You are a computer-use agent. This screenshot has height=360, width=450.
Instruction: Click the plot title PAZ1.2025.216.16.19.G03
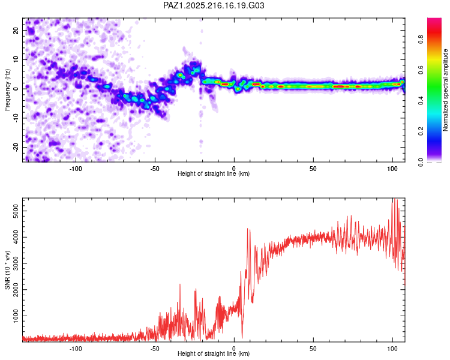pyautogui.click(x=214, y=5)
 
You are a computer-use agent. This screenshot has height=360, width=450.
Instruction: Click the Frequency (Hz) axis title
pyautogui.click(x=7, y=90)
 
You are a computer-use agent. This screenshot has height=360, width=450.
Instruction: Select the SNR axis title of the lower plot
pyautogui.click(x=7, y=270)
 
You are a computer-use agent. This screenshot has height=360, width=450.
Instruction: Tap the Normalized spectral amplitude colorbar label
pyautogui.click(x=445, y=90)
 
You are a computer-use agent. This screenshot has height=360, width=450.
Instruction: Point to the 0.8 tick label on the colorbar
pyautogui.click(x=421, y=39)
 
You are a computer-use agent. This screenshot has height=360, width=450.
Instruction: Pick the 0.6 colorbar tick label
pyautogui.click(x=421, y=70)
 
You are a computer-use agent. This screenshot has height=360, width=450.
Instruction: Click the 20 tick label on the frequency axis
pyautogui.click(x=16, y=30)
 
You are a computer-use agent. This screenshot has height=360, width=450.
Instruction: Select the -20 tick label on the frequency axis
pyautogui.click(x=16, y=148)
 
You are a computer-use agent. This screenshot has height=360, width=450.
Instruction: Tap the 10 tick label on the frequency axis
pyautogui.click(x=16, y=59)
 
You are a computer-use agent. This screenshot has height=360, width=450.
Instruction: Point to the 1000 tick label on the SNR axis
pyautogui.click(x=16, y=316)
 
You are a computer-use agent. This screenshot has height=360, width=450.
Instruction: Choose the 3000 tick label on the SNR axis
pyautogui.click(x=16, y=263)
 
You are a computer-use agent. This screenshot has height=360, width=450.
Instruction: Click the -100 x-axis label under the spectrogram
pyautogui.click(x=76, y=169)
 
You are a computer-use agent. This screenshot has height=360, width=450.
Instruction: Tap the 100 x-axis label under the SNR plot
pyautogui.click(x=392, y=349)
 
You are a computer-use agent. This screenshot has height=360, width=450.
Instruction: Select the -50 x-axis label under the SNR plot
pyautogui.click(x=155, y=349)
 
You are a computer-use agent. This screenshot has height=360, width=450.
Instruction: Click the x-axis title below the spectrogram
pyautogui.click(x=214, y=173)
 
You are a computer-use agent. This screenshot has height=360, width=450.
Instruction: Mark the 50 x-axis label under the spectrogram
pyautogui.click(x=313, y=169)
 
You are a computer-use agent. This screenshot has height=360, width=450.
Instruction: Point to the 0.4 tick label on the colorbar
pyautogui.click(x=421, y=100)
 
